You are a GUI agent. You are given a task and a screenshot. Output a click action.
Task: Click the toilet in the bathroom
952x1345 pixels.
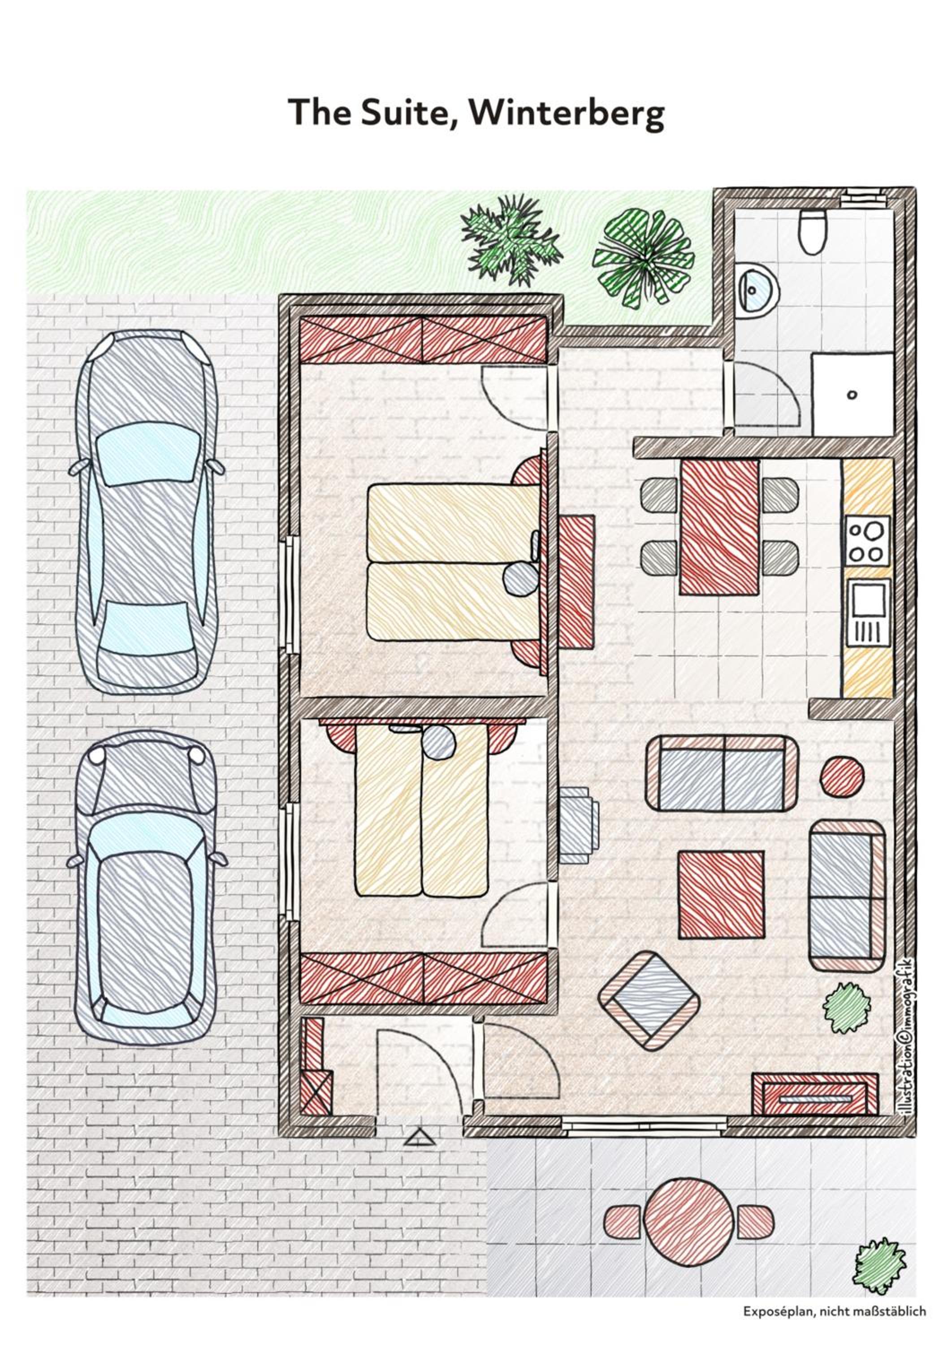813,232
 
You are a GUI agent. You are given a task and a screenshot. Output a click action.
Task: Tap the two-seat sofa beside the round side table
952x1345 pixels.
722,774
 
